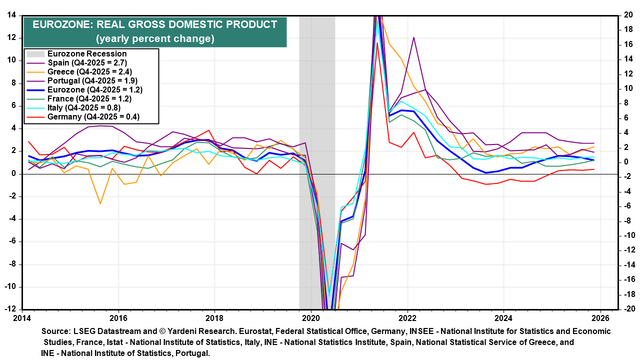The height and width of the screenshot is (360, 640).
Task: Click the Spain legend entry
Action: point(88,62)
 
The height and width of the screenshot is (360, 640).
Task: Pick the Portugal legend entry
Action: point(92,80)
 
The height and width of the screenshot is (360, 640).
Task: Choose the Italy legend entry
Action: point(84,107)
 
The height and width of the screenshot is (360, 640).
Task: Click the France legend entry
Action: point(89,98)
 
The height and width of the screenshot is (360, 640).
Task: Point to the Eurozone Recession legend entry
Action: point(86,53)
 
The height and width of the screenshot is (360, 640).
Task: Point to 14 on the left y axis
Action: point(10,15)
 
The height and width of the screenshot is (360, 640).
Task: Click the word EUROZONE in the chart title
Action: point(61,24)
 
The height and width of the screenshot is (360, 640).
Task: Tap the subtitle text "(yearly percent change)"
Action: point(155,38)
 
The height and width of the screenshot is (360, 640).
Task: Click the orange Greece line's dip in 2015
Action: point(100,203)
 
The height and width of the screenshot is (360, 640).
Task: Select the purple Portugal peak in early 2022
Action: point(414,37)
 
